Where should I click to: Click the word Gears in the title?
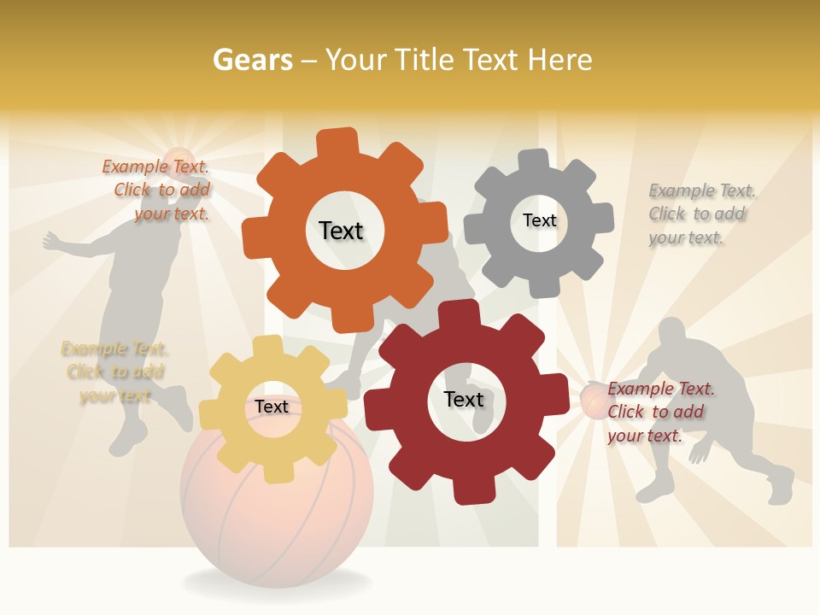[x=252, y=60]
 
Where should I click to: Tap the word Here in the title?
[x=560, y=60]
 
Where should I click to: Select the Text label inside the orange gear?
[x=341, y=231]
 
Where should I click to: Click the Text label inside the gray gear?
[x=539, y=220]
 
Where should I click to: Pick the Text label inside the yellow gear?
[x=271, y=407]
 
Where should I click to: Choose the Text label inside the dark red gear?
[x=464, y=399]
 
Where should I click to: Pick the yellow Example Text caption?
[x=114, y=372]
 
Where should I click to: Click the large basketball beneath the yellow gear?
[x=278, y=512]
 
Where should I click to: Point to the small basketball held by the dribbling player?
[x=595, y=401]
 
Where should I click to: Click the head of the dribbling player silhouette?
[x=674, y=333]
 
